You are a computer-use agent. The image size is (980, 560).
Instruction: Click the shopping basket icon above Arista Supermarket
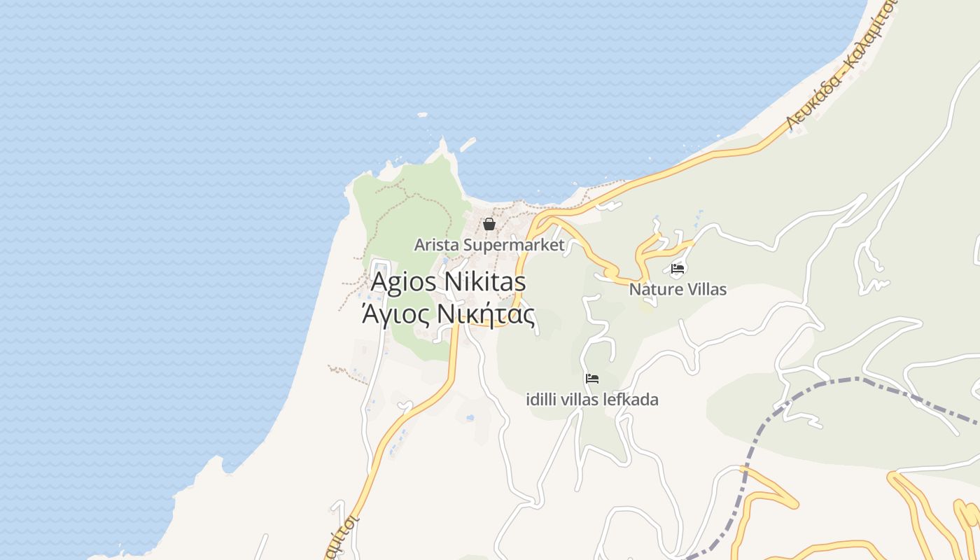(489, 224)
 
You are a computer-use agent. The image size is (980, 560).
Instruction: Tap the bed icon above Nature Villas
(677, 268)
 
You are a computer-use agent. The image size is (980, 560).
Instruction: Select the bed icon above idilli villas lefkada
(592, 379)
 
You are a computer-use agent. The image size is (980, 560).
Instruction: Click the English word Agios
(404, 282)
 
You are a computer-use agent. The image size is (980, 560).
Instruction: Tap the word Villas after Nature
(705, 289)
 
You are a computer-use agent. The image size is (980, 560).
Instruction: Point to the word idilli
(542, 400)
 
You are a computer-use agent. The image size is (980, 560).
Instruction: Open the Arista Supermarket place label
(489, 245)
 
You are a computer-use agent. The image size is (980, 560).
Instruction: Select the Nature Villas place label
(678, 289)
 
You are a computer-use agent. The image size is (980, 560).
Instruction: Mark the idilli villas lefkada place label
(592, 400)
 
